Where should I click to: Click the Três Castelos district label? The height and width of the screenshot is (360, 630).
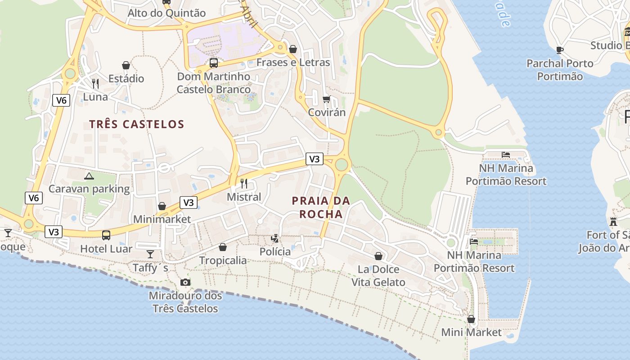click(x=136, y=124)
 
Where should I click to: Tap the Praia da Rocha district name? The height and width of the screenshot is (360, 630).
click(x=321, y=207)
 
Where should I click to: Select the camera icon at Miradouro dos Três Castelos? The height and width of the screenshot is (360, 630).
click(x=185, y=282)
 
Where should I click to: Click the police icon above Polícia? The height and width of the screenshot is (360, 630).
click(x=275, y=238)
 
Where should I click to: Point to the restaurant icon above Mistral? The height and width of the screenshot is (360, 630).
click(x=244, y=183)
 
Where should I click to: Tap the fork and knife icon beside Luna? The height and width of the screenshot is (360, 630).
click(x=95, y=84)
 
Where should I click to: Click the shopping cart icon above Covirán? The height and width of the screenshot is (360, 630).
click(x=327, y=99)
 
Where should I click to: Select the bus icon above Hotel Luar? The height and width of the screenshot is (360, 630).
click(x=106, y=235)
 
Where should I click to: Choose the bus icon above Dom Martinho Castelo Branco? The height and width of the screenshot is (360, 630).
click(x=214, y=63)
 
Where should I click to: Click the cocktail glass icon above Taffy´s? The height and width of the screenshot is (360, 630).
click(x=150, y=254)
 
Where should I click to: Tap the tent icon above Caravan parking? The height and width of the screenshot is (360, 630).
click(x=89, y=175)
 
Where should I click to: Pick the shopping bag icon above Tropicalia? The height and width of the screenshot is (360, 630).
click(x=223, y=247)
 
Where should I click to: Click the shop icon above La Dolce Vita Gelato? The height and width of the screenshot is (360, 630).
click(x=378, y=256)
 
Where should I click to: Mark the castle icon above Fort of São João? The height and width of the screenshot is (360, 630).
click(x=613, y=221)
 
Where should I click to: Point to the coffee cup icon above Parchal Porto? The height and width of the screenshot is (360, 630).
click(x=560, y=50)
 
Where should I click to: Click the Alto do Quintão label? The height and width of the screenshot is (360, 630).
click(x=166, y=13)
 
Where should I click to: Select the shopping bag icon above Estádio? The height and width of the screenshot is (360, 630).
click(x=126, y=65)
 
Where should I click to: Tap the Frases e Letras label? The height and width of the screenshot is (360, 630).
click(x=293, y=62)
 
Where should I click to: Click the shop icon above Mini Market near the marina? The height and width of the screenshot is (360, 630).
click(x=471, y=319)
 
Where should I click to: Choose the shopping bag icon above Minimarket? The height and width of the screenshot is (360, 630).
click(x=162, y=206)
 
